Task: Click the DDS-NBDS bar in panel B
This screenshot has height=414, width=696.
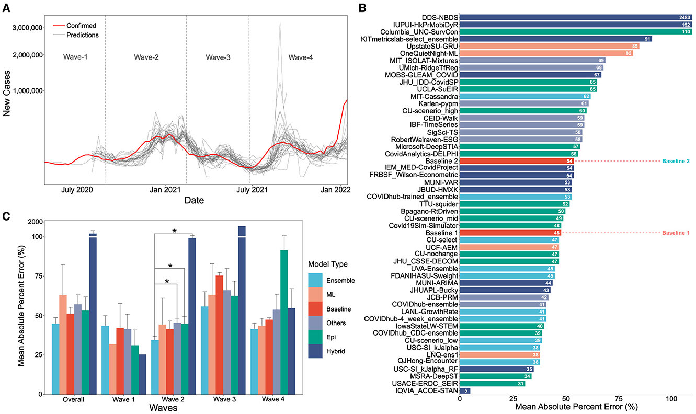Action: point(575,17)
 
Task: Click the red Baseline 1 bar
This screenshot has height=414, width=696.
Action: point(510,233)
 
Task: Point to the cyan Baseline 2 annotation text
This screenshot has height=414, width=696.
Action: point(675,162)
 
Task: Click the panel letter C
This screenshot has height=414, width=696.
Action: point(6,215)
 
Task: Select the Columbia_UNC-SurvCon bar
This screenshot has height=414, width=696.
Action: point(575,31)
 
